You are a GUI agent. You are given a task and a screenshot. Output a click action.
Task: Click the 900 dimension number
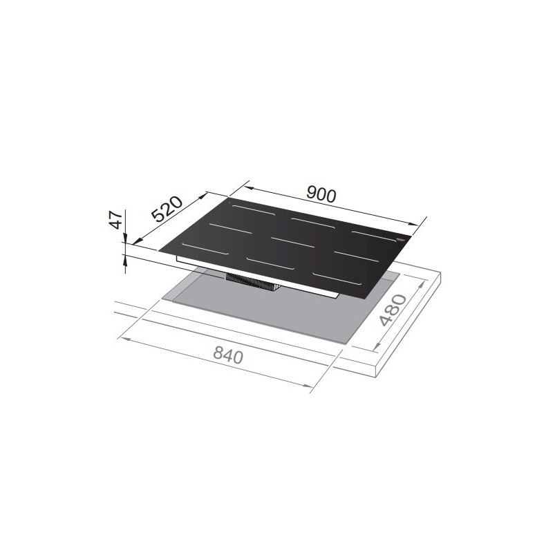point(321,195)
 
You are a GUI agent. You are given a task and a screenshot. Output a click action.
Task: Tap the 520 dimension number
point(167,209)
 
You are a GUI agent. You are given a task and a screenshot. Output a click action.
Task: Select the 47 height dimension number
point(118,220)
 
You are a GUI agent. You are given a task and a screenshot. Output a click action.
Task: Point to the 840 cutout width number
point(228,356)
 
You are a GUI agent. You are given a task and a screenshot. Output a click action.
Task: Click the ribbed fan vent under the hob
point(252,281)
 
